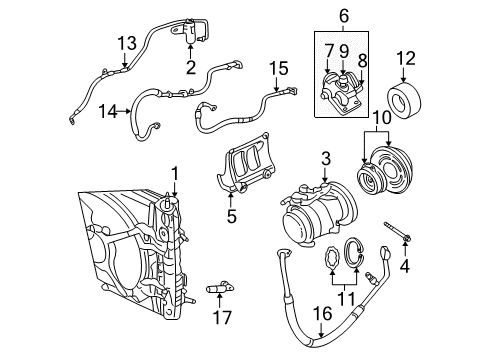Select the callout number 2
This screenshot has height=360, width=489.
188,69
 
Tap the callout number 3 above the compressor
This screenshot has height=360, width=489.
325,157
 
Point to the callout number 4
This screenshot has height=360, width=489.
405,268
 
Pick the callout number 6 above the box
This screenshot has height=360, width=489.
342,15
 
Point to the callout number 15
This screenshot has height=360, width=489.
275,70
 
